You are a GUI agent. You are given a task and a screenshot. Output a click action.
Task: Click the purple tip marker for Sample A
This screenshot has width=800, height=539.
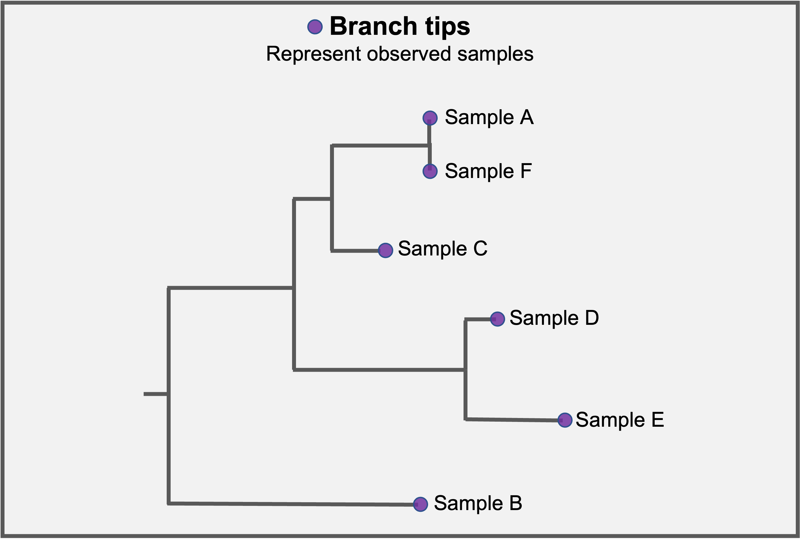coord(430,118)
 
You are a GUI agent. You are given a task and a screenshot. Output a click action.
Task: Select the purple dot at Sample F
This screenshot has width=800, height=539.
coord(430,171)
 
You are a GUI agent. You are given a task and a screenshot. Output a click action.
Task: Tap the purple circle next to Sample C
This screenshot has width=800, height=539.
coord(386,250)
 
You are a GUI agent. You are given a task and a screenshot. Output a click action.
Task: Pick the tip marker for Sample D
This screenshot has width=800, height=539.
coord(498,319)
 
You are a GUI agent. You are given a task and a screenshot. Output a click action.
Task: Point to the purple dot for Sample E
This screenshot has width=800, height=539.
coord(565,420)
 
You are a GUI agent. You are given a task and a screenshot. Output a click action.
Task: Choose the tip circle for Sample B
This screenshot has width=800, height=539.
coord(420,504)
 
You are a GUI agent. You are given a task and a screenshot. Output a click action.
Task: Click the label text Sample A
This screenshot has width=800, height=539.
coord(489,117)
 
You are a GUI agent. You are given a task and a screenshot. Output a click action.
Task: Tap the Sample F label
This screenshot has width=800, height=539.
coord(488,171)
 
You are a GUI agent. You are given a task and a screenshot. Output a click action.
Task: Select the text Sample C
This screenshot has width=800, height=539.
coord(443,248)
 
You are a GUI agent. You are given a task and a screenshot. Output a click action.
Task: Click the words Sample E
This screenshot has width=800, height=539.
coord(620,420)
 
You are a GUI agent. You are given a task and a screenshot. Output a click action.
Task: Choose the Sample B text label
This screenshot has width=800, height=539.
coord(478,503)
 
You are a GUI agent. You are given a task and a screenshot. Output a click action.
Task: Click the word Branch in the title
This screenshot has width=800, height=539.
coord(374,26)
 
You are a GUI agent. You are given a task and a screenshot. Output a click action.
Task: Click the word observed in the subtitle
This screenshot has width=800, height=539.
coord(409,54)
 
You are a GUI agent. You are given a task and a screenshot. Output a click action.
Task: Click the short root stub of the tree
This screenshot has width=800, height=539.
coord(156,394)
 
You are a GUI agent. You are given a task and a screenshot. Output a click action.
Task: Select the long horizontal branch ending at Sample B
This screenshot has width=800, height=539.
coord(293,504)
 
